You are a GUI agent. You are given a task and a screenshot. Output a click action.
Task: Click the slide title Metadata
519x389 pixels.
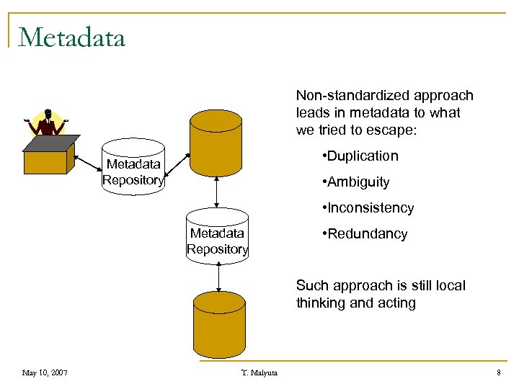[x=72, y=37]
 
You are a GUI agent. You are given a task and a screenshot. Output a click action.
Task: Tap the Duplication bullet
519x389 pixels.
[x=360, y=156]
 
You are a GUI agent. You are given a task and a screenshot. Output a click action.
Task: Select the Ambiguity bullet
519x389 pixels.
[x=356, y=182]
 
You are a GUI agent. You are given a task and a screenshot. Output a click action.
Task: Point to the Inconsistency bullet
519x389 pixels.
[x=368, y=208]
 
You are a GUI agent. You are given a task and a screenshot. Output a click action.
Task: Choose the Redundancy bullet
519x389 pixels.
[x=365, y=234]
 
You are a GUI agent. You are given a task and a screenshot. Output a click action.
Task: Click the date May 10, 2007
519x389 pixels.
[x=45, y=372]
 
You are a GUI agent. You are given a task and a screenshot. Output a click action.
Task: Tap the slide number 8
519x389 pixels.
[x=498, y=372]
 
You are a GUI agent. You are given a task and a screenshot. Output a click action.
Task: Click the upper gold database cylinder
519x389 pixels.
[x=216, y=144]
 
